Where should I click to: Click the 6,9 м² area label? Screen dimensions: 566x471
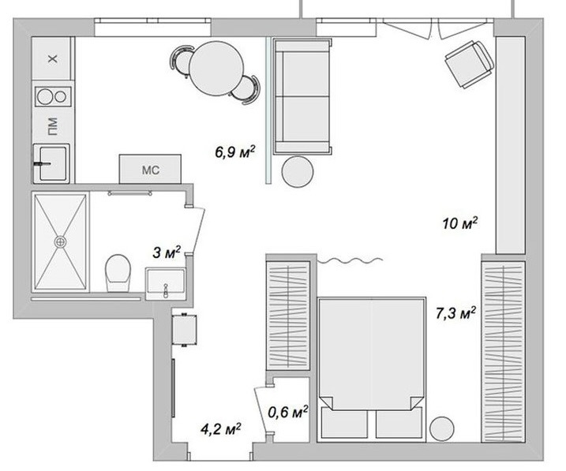point(235,151)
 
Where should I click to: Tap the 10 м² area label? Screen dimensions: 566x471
point(460,223)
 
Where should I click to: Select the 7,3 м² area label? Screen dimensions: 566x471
point(455,313)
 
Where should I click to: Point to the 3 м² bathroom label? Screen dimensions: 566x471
point(167,252)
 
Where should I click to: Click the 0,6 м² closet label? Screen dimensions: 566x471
point(287,412)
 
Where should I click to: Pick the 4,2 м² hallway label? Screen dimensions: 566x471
point(221,429)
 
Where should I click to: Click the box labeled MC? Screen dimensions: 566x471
point(150,169)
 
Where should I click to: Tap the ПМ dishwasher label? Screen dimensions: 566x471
point(52,126)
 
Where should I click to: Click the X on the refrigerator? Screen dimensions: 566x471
point(53,58)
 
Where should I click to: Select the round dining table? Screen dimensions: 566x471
point(216,69)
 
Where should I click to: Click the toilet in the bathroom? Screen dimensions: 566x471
point(118,273)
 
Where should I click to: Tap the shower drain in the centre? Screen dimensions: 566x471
point(60,241)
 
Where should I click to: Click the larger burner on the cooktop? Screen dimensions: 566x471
point(45,97)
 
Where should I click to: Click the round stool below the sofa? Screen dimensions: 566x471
point(298,171)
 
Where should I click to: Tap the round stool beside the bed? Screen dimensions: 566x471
point(442,429)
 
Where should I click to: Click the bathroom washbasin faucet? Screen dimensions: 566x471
point(166,290)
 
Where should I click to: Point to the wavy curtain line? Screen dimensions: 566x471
point(350,260)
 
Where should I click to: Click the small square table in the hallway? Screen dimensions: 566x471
point(185,330)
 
